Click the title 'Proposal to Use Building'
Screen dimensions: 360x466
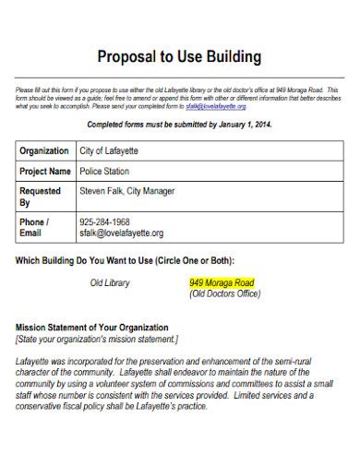tap(180, 57)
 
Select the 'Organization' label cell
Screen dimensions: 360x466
tap(44, 150)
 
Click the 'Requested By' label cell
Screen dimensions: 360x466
tap(43, 197)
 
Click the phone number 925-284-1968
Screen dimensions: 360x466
tap(103, 222)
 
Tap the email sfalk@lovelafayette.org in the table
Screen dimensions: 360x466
tap(121, 233)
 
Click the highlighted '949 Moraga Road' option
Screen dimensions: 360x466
tap(222, 282)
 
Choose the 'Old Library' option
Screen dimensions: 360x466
tap(109, 282)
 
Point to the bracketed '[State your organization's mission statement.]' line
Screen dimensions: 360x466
tap(97, 339)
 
